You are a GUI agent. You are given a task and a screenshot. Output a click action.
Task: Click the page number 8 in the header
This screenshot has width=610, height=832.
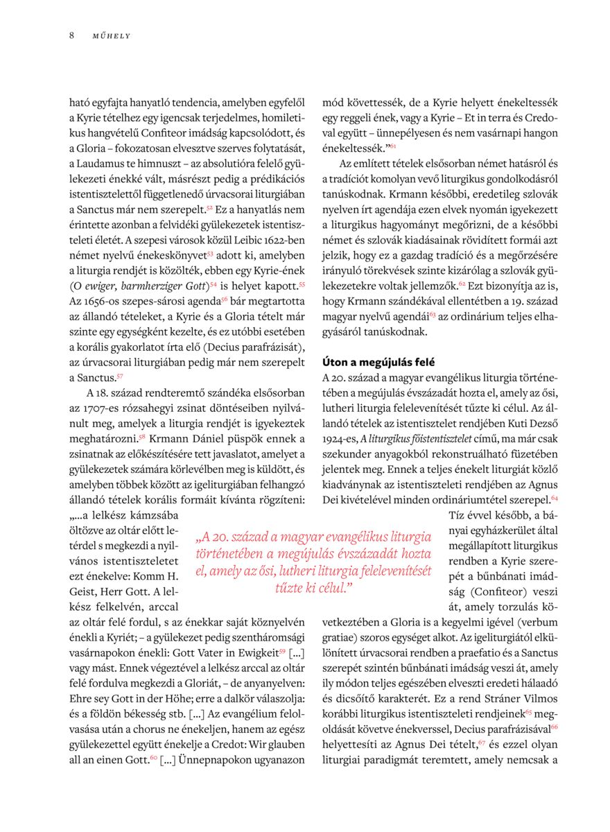71,35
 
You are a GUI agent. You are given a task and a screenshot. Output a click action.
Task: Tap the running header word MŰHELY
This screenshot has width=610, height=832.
112,36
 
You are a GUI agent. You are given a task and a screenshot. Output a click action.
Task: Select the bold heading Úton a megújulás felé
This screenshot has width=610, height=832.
378,362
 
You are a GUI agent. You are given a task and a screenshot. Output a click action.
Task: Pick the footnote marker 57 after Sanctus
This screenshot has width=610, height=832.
120,376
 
